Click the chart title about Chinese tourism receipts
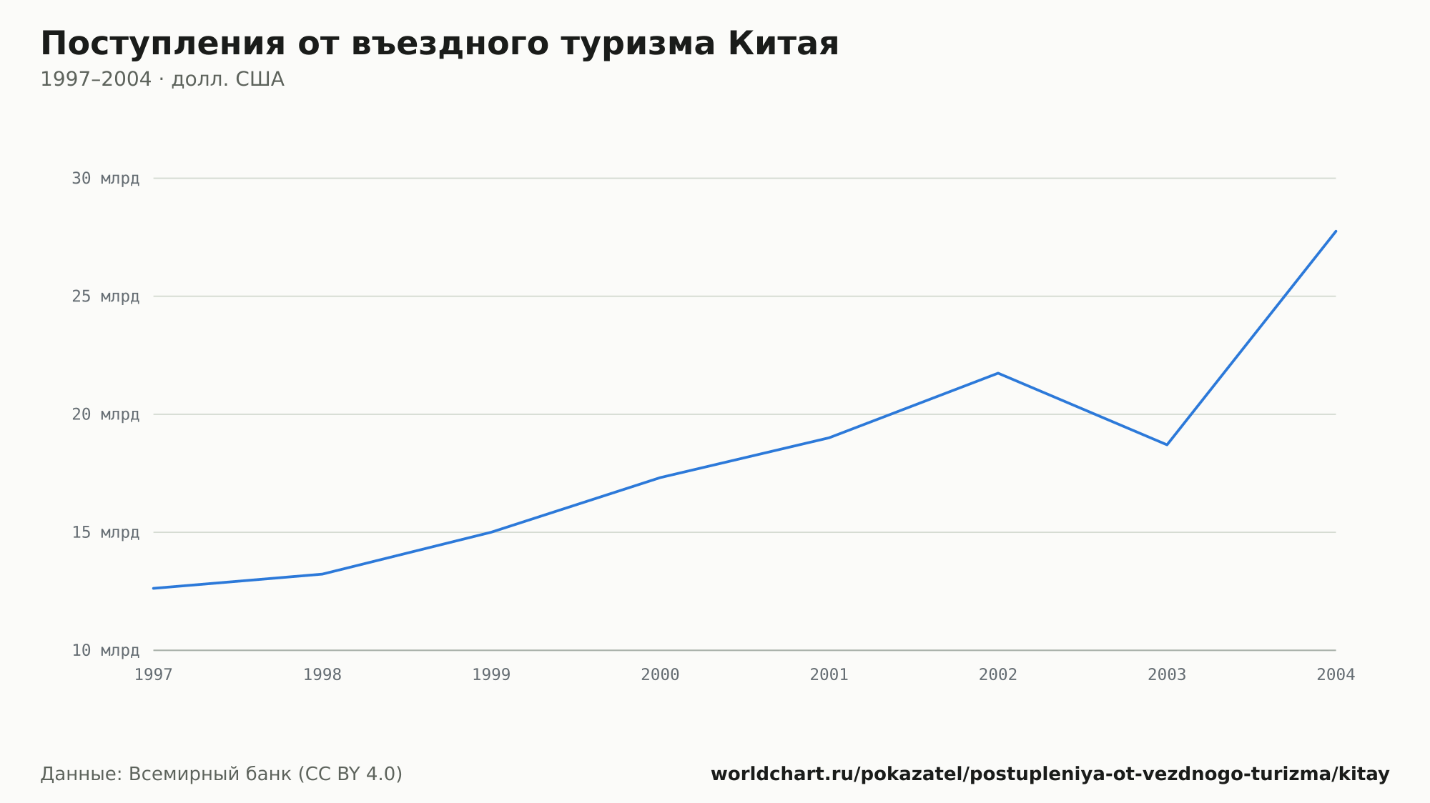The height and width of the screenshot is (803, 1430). tap(440, 44)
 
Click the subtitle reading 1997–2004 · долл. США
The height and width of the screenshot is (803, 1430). tap(162, 79)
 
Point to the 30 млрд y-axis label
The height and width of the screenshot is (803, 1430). tap(106, 179)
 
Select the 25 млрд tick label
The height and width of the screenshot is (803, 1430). tap(106, 296)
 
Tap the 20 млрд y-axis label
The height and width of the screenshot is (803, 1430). tap(106, 414)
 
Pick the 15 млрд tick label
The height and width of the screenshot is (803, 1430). tap(106, 532)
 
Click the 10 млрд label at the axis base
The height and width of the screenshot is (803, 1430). tap(106, 650)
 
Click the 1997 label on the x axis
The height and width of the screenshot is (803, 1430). tap(154, 675)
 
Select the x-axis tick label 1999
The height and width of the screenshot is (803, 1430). tap(491, 675)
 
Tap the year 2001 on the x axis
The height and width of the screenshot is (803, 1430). tap(829, 675)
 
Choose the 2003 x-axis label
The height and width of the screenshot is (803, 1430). tap(1167, 675)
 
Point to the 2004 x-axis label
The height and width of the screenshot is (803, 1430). tap(1336, 675)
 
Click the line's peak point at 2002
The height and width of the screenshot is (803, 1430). tap(998, 373)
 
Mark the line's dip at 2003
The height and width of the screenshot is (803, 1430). tap(1167, 444)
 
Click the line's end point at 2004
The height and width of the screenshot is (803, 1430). tap(1336, 231)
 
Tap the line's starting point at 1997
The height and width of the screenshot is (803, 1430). tap(154, 588)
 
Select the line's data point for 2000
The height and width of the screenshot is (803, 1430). tap(660, 477)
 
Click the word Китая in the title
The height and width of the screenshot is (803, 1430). tap(784, 44)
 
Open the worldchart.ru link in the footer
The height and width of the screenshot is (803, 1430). tap(1050, 774)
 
